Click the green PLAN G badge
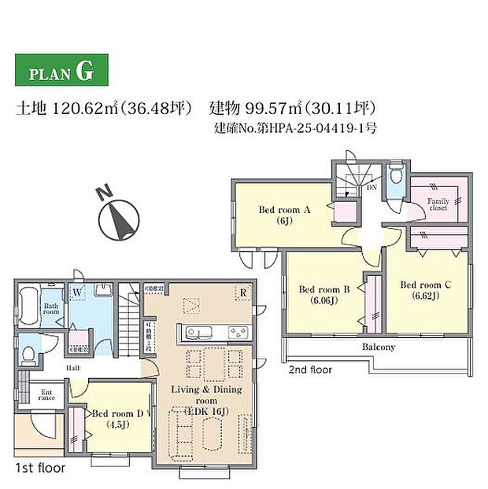(x=61, y=72)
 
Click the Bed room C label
(x=425, y=290)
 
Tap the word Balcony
(x=378, y=347)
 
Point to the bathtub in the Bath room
(x=28, y=306)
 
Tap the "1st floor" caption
(x=40, y=467)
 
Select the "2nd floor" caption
(x=309, y=369)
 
